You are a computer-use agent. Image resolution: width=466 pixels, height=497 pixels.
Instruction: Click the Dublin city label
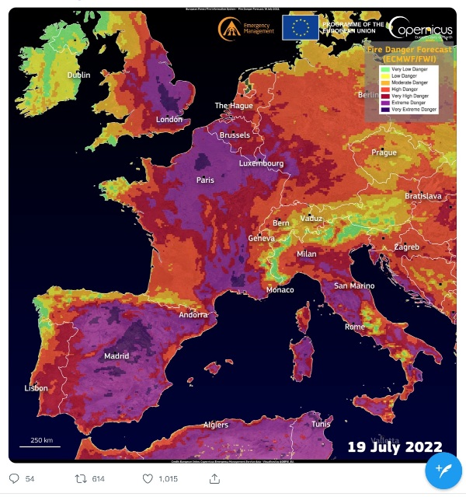pyautogui.click(x=78, y=75)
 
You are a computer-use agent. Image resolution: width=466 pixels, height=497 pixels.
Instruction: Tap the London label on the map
pyautogui.click(x=169, y=120)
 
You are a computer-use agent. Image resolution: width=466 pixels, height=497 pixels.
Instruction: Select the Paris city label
pyautogui.click(x=205, y=180)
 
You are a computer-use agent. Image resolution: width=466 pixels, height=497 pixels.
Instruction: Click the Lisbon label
pyautogui.click(x=36, y=388)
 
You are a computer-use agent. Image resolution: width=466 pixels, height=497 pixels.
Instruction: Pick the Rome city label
pyautogui.click(x=354, y=327)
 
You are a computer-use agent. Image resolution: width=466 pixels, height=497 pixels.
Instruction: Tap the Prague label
pyautogui.click(x=384, y=152)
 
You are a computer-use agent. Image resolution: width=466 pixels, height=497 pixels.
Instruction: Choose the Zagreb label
pyautogui.click(x=406, y=247)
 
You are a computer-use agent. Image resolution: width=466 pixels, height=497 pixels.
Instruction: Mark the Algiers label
pyautogui.click(x=215, y=425)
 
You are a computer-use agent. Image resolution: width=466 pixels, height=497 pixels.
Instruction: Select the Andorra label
pyautogui.click(x=193, y=315)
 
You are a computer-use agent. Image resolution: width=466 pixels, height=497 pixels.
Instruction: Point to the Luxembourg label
pyautogui.click(x=261, y=164)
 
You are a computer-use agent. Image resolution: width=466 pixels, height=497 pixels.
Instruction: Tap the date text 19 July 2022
pyautogui.click(x=395, y=447)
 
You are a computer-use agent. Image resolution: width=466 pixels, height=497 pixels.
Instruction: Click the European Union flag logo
pyautogui.click(x=300, y=27)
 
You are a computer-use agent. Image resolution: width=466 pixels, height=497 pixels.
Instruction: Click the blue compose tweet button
pyautogui.click(x=443, y=470)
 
